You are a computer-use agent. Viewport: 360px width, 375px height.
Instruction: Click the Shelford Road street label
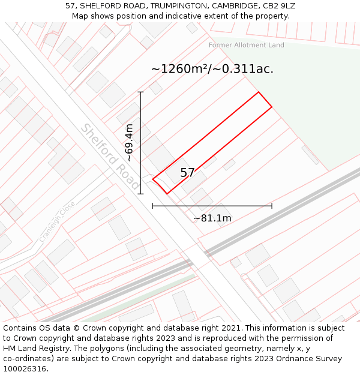point(110,157)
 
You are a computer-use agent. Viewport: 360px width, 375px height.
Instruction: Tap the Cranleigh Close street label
point(58,221)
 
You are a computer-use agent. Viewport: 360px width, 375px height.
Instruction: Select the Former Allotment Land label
point(247,45)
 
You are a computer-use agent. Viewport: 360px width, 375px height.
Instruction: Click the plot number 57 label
point(187,173)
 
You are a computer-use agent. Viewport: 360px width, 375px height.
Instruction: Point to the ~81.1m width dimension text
point(212,218)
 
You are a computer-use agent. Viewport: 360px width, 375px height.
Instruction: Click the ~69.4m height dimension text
point(129,143)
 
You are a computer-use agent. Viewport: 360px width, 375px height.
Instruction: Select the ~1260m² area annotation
point(212,69)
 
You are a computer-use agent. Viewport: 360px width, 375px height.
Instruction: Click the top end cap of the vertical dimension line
point(141,92)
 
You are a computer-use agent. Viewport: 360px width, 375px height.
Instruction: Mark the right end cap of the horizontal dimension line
point(272,206)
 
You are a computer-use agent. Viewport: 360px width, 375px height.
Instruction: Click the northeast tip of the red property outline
point(259,92)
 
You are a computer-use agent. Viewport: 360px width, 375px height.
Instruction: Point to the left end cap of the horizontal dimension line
point(153,206)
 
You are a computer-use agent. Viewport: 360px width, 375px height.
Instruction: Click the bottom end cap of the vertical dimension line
point(141,194)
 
